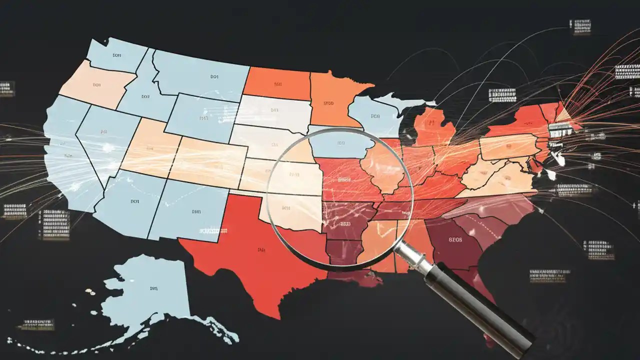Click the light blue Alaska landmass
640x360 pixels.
click(150, 295)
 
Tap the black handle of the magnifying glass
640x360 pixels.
click(480, 310)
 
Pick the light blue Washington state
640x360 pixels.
click(115, 55)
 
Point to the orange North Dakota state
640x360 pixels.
click(276, 83)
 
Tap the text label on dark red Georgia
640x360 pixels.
click(455, 239)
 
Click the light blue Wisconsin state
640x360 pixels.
click(375, 117)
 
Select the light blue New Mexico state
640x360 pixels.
click(192, 212)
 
